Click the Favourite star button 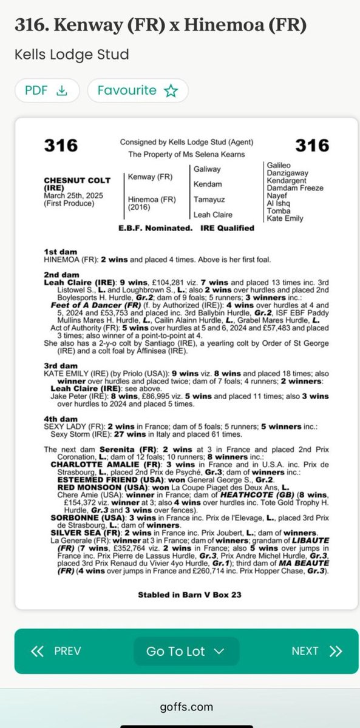[138, 91]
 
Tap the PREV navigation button [56, 651]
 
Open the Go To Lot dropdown [186, 651]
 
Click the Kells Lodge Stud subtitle [72, 55]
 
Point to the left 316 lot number [61, 146]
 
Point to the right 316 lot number [312, 146]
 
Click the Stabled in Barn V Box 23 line [189, 595]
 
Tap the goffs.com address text [180, 707]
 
